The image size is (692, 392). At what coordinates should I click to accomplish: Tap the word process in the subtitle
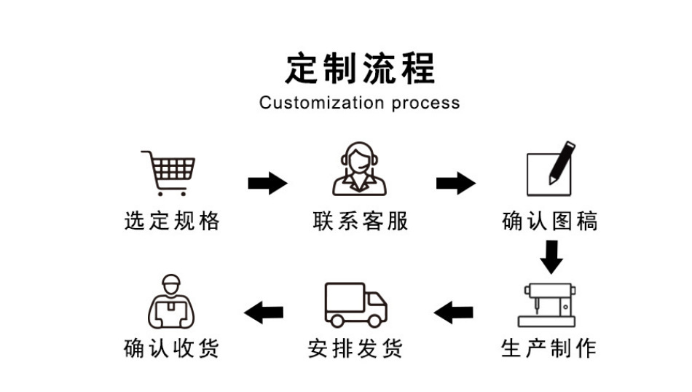[425, 103]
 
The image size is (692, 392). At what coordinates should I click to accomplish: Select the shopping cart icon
[169, 172]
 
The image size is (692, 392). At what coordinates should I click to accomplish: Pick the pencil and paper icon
[550, 168]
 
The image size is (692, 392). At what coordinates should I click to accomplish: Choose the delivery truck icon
[355, 305]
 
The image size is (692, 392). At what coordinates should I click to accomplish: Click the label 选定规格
[172, 220]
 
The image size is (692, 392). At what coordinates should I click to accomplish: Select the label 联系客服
[360, 220]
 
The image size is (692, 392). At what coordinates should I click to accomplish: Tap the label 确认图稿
[550, 220]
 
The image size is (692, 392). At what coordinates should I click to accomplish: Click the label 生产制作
[549, 348]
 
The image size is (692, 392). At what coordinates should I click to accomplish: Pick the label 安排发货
[355, 348]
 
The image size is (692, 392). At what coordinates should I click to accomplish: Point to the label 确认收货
[172, 348]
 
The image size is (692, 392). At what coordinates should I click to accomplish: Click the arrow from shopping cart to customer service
[267, 183]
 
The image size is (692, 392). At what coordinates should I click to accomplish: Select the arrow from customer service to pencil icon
[456, 183]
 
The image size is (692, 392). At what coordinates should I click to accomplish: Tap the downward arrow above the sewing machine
[551, 256]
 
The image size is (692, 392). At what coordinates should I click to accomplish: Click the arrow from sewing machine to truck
[454, 313]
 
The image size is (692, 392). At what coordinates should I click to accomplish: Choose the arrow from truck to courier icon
[264, 313]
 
